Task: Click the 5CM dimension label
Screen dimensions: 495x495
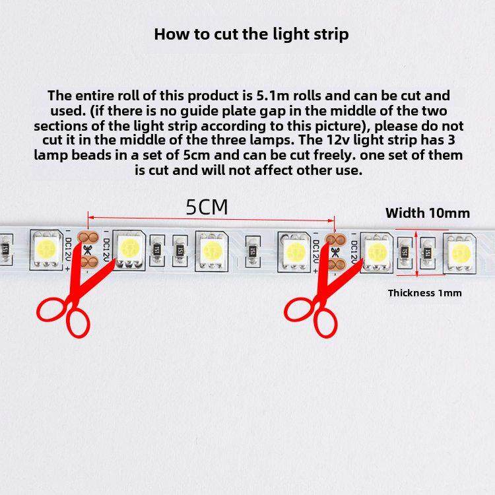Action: pos(207,207)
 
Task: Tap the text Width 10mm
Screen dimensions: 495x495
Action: pos(428,213)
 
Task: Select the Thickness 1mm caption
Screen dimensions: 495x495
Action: pos(425,293)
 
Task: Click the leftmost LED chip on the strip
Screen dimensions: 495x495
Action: pos(46,249)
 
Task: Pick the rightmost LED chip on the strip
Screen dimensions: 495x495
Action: pos(459,253)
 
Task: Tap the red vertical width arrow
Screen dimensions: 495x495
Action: pos(416,254)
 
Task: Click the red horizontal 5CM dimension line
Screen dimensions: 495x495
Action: pos(211,218)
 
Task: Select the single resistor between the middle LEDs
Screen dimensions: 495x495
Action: pos(253,251)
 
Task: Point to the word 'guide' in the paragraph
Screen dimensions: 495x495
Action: pos(199,112)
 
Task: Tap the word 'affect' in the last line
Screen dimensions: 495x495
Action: pos(274,170)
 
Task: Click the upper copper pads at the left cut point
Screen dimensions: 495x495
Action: pos(88,237)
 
